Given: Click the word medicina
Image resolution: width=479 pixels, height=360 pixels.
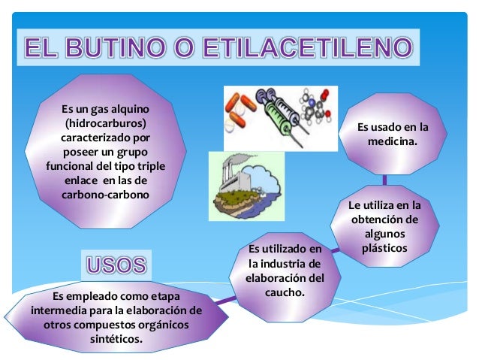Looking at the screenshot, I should (x=393, y=141).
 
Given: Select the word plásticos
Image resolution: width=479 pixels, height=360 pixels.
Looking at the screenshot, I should (x=384, y=247).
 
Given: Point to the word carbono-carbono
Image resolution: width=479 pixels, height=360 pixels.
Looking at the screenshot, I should (x=105, y=194).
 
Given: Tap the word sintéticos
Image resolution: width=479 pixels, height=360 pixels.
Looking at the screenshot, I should (x=116, y=339).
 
